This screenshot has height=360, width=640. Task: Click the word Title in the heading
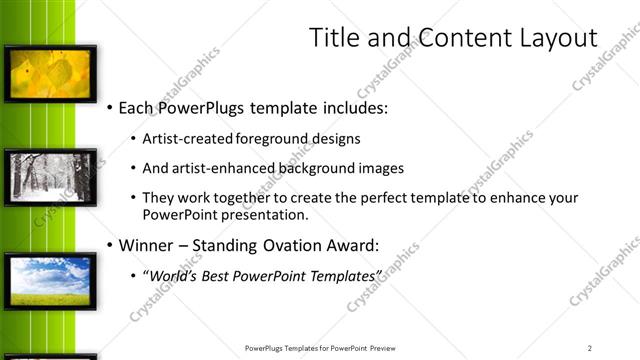click(334, 38)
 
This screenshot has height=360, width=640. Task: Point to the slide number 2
click(590, 347)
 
